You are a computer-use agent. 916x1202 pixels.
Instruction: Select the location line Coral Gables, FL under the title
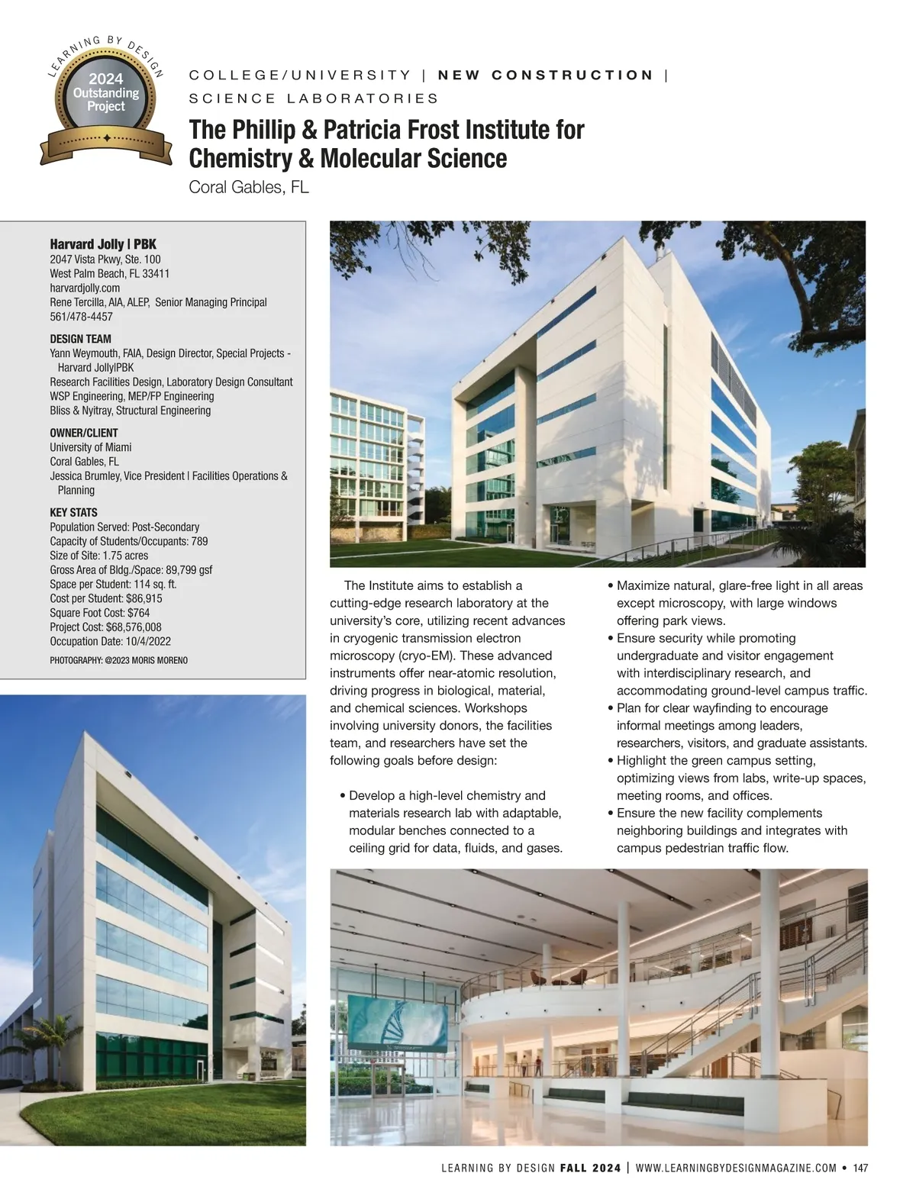click(249, 187)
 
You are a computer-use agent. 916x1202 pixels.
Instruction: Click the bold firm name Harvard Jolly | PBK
click(103, 244)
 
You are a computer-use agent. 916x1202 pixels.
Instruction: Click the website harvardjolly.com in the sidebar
click(85, 288)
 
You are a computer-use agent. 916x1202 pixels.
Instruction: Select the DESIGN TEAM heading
click(80, 339)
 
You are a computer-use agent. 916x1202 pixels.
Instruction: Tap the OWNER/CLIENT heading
click(84, 433)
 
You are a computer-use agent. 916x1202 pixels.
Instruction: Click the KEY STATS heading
click(73, 512)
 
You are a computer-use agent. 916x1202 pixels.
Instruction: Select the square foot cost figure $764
click(138, 613)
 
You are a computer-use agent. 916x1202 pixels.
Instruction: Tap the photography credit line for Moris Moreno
click(118, 660)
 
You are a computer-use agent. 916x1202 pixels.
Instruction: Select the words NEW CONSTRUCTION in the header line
click(546, 75)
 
